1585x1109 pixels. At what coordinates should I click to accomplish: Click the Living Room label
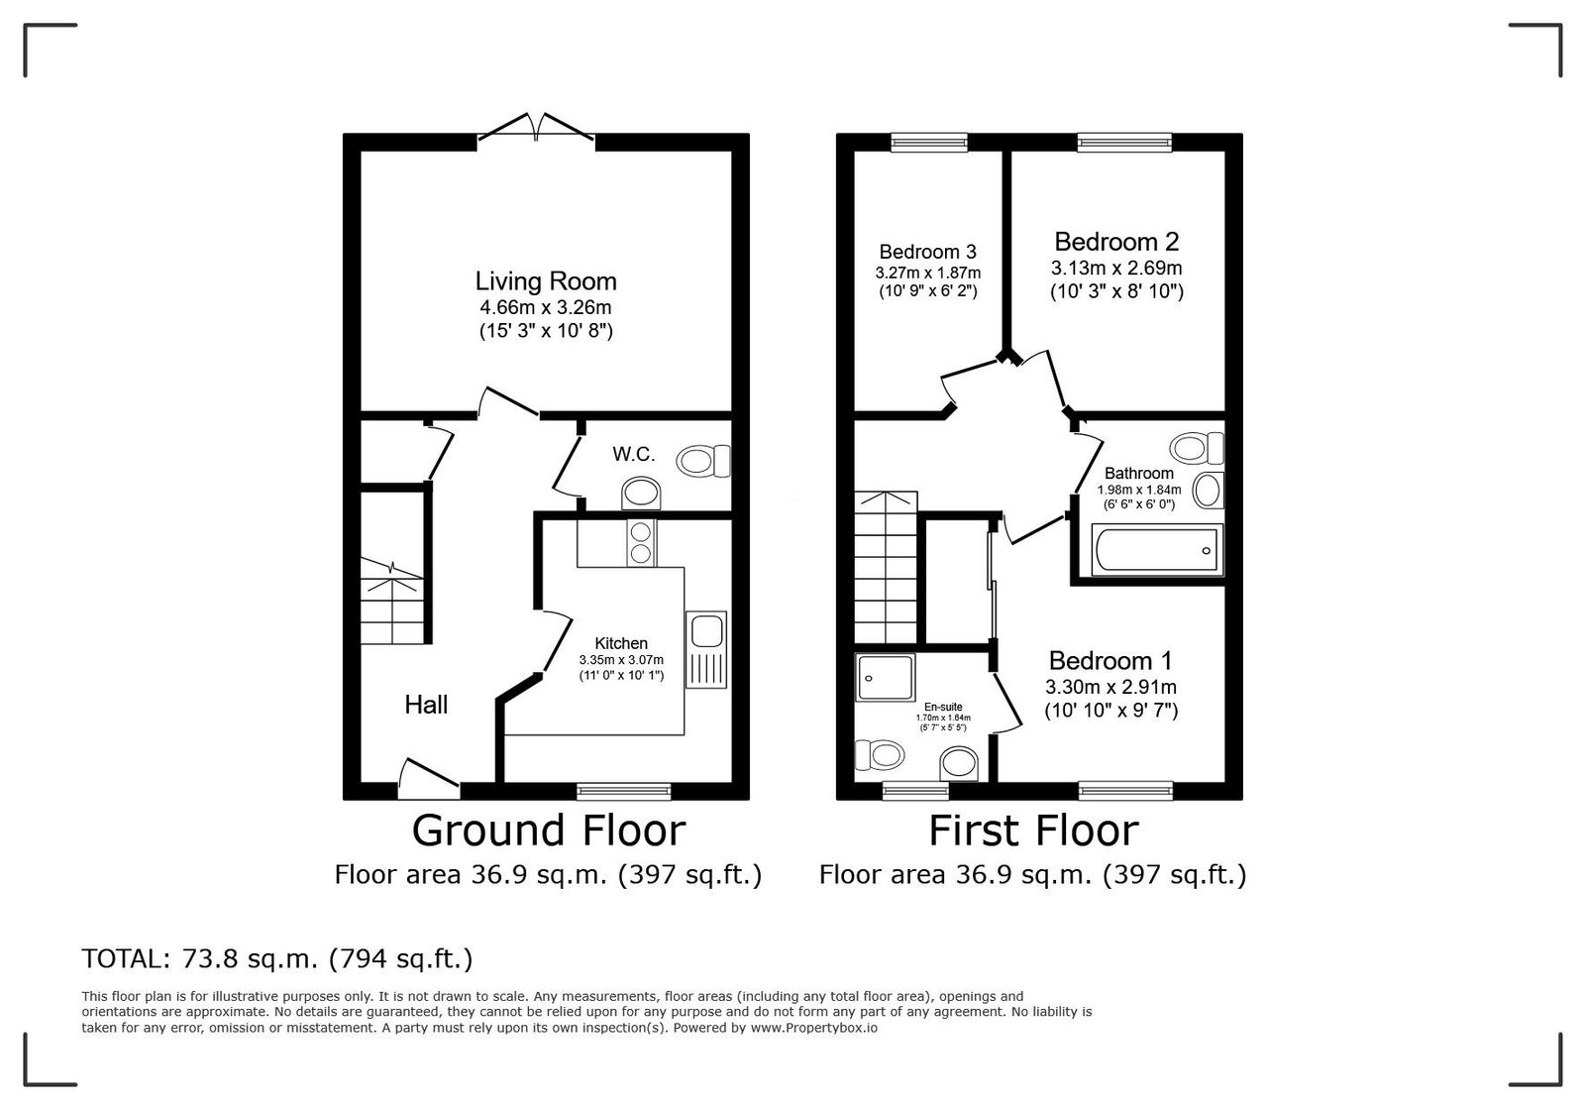click(546, 281)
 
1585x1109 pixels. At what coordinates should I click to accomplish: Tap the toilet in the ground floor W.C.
click(703, 461)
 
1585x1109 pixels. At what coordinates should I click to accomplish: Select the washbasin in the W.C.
click(641, 494)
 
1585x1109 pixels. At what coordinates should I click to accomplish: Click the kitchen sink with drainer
click(706, 650)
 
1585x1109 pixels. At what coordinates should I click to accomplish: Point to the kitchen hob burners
click(641, 543)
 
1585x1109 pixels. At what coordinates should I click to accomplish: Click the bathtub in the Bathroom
click(1158, 550)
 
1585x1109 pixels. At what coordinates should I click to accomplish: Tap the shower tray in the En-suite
click(886, 677)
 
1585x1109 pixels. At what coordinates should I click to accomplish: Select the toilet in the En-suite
click(881, 755)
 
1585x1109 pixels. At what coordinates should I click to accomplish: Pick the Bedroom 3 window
click(929, 143)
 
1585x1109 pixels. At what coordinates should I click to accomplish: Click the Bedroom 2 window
click(1124, 143)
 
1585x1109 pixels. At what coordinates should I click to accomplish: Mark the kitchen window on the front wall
click(624, 791)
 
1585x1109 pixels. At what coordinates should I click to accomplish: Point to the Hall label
click(426, 705)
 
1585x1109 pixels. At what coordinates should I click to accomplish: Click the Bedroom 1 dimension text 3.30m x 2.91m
click(1110, 687)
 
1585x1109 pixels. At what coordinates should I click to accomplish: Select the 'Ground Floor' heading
click(549, 831)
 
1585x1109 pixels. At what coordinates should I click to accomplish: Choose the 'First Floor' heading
click(1033, 831)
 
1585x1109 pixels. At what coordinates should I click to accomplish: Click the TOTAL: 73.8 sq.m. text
click(200, 959)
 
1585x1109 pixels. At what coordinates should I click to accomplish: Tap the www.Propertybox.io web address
click(813, 1028)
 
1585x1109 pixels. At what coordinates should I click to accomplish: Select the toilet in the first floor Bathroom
click(1197, 448)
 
